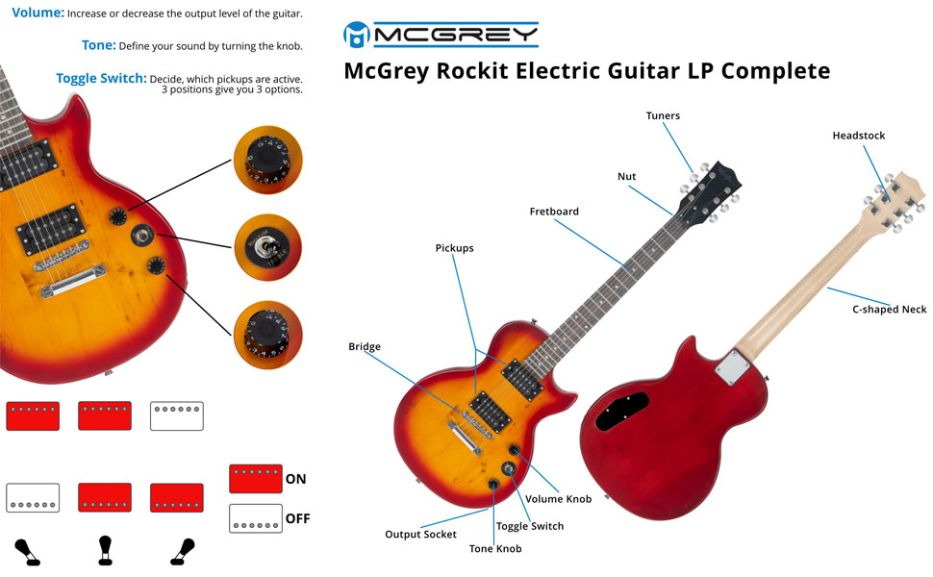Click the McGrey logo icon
point(357,35)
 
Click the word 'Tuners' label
point(663,116)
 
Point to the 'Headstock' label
point(858,137)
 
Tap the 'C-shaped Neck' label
point(890,310)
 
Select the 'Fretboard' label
point(554,212)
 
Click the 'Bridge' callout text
point(365,346)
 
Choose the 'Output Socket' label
point(421,534)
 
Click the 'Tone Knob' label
point(495,548)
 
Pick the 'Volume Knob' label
point(558,499)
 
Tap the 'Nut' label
point(626,177)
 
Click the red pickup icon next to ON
point(255,478)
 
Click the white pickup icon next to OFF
point(255,518)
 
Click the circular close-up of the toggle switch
point(267,247)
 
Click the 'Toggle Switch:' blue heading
point(101,78)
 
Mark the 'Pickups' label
point(454,248)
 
